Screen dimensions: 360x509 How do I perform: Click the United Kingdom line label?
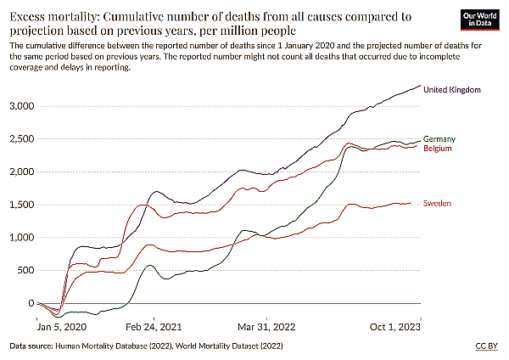(x=452, y=89)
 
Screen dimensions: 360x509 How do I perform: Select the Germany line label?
(x=439, y=138)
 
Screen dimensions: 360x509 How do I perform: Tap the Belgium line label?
(x=439, y=149)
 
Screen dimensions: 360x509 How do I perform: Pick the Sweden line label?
(x=438, y=203)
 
